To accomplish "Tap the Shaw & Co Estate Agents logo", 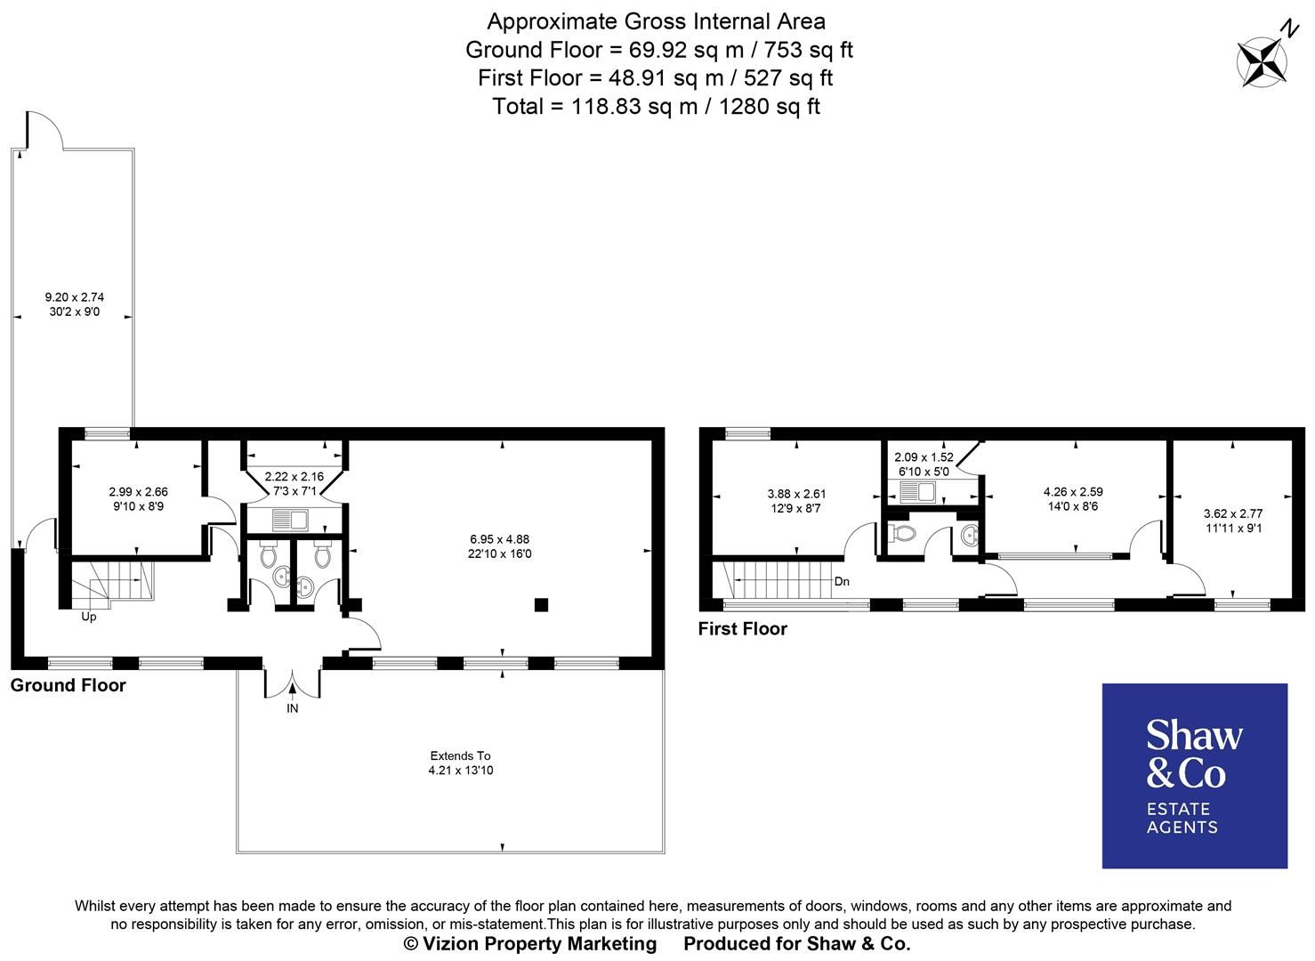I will click(x=1194, y=775).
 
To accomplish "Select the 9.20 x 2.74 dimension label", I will click(x=75, y=304).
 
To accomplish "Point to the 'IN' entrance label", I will click(x=292, y=709).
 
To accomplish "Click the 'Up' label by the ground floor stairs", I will click(x=89, y=617).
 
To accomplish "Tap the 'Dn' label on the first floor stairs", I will click(x=842, y=582).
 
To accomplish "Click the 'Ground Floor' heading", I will click(x=69, y=685).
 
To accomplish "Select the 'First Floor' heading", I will click(x=742, y=629).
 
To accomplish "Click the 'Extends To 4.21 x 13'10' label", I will click(x=460, y=763).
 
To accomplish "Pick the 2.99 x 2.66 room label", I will click(x=138, y=498).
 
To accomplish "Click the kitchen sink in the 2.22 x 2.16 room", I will click(x=289, y=518).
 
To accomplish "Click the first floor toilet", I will click(x=902, y=534).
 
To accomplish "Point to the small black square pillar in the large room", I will click(x=540, y=605).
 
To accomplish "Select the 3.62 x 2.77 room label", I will click(x=1232, y=521).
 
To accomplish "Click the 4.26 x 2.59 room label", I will click(x=1073, y=498).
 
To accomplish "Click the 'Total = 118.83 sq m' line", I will click(x=656, y=107).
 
